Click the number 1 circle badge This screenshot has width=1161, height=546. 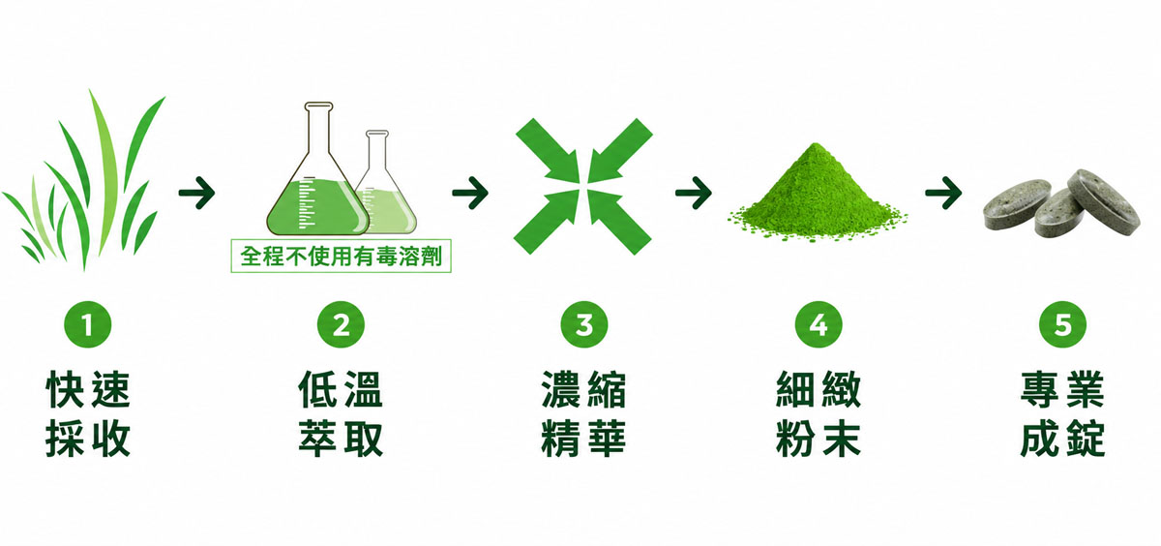(x=88, y=324)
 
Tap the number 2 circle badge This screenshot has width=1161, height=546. (x=341, y=324)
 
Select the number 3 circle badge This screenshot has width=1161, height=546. (x=584, y=324)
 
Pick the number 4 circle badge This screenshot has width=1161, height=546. (x=819, y=324)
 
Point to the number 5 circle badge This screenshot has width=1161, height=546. (x=1062, y=324)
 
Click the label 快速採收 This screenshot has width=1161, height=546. (x=88, y=413)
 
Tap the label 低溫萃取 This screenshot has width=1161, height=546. (x=341, y=413)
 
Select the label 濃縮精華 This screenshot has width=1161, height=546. (x=584, y=413)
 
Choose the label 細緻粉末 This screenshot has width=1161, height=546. (x=819, y=413)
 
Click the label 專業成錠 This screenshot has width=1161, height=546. (x=1062, y=413)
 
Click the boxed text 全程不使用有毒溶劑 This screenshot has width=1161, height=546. (x=341, y=256)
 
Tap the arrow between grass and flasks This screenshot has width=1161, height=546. (x=197, y=193)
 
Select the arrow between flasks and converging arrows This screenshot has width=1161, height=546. (x=470, y=193)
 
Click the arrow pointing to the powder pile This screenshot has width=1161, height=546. (x=694, y=193)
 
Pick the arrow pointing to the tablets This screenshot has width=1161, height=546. (x=944, y=193)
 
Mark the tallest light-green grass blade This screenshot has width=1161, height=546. (x=104, y=176)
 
